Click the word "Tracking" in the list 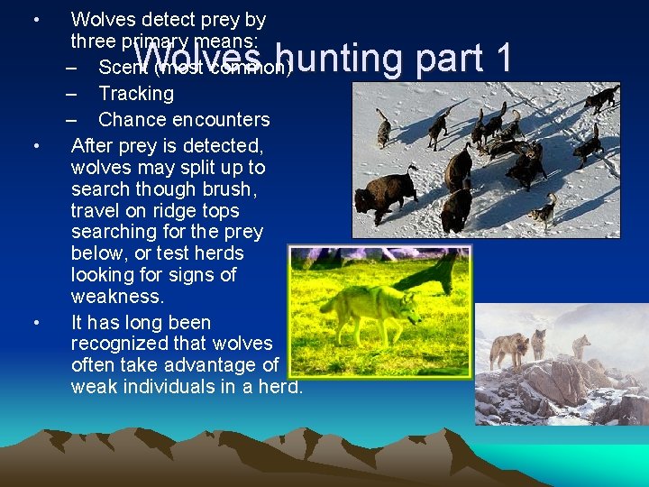[136, 94]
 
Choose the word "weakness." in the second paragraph [117, 297]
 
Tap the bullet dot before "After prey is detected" [34, 146]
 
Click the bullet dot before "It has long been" [34, 323]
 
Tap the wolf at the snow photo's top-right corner [601, 96]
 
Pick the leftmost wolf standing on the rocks [511, 348]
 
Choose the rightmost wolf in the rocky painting [580, 345]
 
